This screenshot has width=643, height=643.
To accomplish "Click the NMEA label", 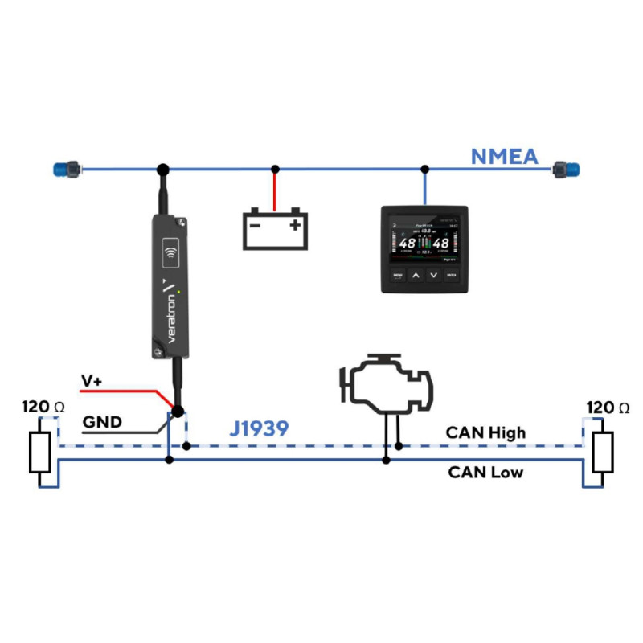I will pyautogui.click(x=504, y=155).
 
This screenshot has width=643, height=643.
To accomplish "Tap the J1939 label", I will pyautogui.click(x=259, y=429).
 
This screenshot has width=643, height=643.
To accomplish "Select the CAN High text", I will pyautogui.click(x=485, y=432).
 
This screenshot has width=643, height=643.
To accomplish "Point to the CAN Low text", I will pyautogui.click(x=485, y=472).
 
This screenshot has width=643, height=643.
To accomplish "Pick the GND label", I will pyautogui.click(x=103, y=421).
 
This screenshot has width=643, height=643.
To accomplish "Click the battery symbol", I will pyautogui.click(x=275, y=227).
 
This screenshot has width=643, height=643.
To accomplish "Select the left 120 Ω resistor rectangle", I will pyautogui.click(x=39, y=453).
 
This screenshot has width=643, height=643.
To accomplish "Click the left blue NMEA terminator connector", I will pyautogui.click(x=63, y=170).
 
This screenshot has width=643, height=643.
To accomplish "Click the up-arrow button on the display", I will pyautogui.click(x=416, y=276).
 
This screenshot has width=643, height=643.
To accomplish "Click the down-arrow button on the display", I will pyautogui.click(x=434, y=276).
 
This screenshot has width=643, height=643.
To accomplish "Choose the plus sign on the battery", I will pyautogui.click(x=295, y=225).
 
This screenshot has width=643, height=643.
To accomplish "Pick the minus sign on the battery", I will pyautogui.click(x=256, y=226).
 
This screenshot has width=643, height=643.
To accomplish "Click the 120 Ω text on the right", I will pyautogui.click(x=608, y=408).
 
